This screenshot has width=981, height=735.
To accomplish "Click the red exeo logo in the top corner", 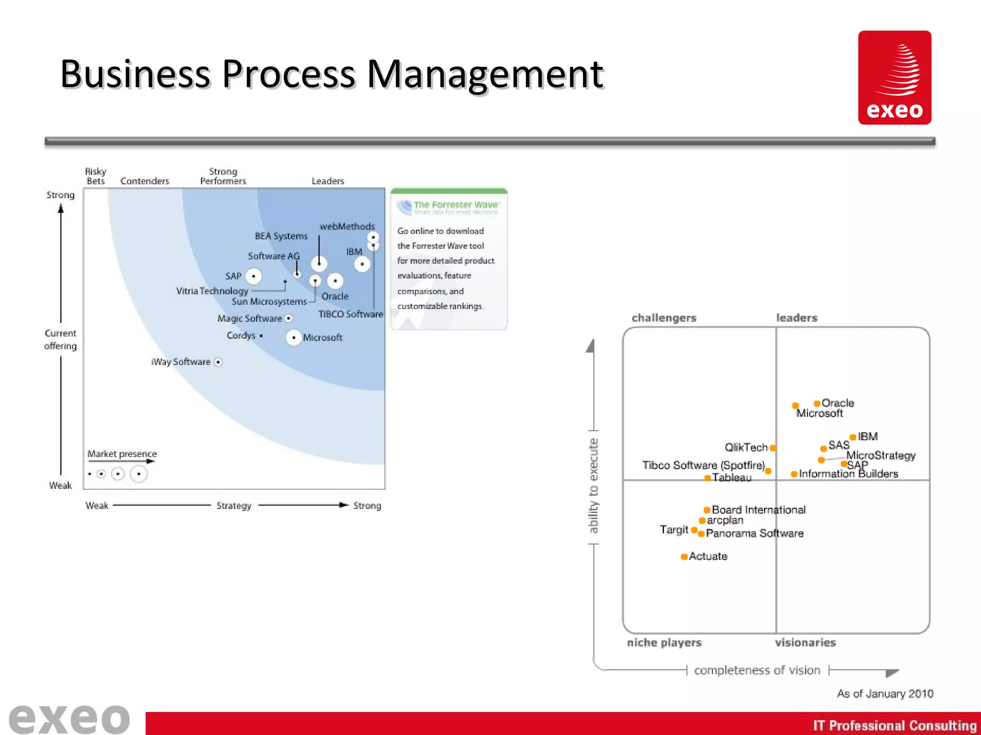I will (894, 78).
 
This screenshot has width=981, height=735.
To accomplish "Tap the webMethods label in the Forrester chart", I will (347, 226).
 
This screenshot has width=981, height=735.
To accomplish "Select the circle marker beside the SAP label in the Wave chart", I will (253, 276).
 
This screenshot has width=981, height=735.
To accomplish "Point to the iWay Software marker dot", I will (218, 362).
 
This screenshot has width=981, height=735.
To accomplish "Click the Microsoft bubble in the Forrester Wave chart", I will (293, 337).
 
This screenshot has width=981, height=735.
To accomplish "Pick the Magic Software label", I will (250, 319).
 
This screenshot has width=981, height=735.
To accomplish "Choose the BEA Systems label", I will (281, 236).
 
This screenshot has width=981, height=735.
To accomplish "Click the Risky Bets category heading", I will (95, 176).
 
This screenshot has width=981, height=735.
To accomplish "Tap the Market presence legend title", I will (122, 454).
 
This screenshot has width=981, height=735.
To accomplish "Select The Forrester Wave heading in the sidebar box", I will (456, 205).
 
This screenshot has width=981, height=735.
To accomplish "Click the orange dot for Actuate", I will (684, 557).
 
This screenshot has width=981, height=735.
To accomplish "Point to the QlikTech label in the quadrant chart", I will (746, 447).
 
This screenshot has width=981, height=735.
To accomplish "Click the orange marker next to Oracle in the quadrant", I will (817, 403).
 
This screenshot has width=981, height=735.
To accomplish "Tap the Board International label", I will (759, 510).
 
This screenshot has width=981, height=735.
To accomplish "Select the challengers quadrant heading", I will (664, 318).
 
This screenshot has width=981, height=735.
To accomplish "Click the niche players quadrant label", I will (664, 643).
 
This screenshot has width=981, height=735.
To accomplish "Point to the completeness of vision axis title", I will (757, 670).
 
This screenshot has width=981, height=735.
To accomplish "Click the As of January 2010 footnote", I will (885, 694).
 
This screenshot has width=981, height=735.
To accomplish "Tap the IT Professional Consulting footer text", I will (894, 725).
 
